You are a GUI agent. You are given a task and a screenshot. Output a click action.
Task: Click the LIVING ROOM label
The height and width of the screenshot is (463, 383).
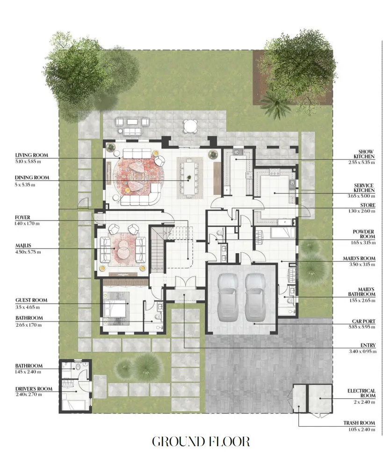(31, 155)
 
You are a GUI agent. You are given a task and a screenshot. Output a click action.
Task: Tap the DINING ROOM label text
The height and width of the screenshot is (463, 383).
(32, 178)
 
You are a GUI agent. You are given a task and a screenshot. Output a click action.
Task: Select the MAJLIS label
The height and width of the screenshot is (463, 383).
(23, 245)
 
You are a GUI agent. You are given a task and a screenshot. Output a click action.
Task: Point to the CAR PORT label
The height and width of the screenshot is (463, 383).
(363, 321)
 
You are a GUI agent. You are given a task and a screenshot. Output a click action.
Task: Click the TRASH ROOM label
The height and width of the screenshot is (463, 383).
(359, 423)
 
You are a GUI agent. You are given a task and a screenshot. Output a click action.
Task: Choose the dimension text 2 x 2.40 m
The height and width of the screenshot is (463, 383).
(364, 402)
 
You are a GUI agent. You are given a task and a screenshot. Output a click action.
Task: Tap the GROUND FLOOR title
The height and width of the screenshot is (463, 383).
(201, 442)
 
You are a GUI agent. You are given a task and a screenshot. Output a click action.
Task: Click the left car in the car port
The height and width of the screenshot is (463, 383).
(228, 297)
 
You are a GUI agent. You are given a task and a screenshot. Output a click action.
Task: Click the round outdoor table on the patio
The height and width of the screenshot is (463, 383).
(190, 127)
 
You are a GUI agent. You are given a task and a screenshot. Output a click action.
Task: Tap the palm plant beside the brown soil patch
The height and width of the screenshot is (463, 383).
(276, 104)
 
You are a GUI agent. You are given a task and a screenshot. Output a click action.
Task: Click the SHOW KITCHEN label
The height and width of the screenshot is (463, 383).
(364, 154)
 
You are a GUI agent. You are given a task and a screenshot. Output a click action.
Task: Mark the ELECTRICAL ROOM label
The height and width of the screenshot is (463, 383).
(361, 393)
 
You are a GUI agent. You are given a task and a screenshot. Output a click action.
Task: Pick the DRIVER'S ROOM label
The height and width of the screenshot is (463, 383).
(34, 389)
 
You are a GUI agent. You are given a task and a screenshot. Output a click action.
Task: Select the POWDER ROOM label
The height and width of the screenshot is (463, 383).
(364, 234)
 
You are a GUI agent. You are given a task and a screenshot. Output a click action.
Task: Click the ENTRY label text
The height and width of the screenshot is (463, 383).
(368, 345)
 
